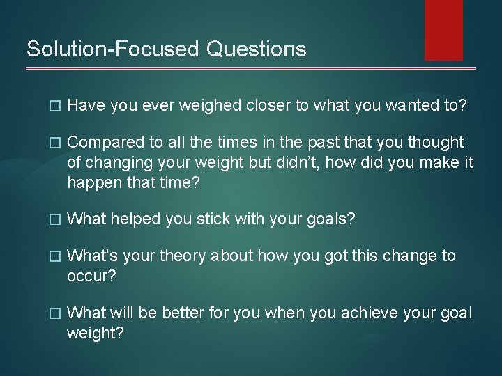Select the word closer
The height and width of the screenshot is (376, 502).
pyautogui.click(x=268, y=105)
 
